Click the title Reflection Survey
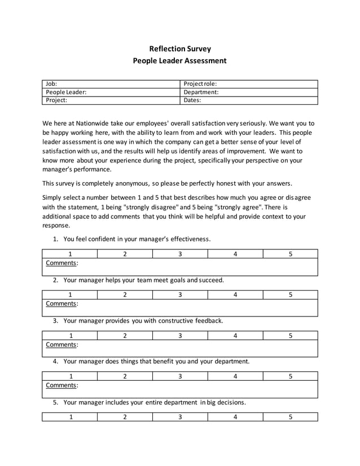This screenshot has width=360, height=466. click(x=179, y=49)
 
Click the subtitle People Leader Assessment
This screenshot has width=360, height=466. click(x=179, y=60)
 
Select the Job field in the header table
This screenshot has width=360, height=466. click(x=111, y=83)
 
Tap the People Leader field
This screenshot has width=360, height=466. click(x=111, y=92)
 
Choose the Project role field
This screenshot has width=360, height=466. click(x=249, y=83)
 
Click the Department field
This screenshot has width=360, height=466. click(x=249, y=92)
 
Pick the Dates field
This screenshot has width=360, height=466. click(x=249, y=100)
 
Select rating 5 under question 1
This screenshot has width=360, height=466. click(x=290, y=254)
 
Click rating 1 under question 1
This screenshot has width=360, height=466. click(x=70, y=254)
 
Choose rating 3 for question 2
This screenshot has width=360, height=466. click(x=180, y=294)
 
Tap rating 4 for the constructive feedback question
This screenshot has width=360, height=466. click(x=235, y=336)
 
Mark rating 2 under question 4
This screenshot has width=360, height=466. click(x=125, y=376)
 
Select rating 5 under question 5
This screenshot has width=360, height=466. click(x=290, y=417)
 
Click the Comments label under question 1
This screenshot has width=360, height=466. click(x=62, y=263)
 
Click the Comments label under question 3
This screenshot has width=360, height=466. click(x=62, y=345)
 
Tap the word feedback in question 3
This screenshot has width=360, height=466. click(x=208, y=320)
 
